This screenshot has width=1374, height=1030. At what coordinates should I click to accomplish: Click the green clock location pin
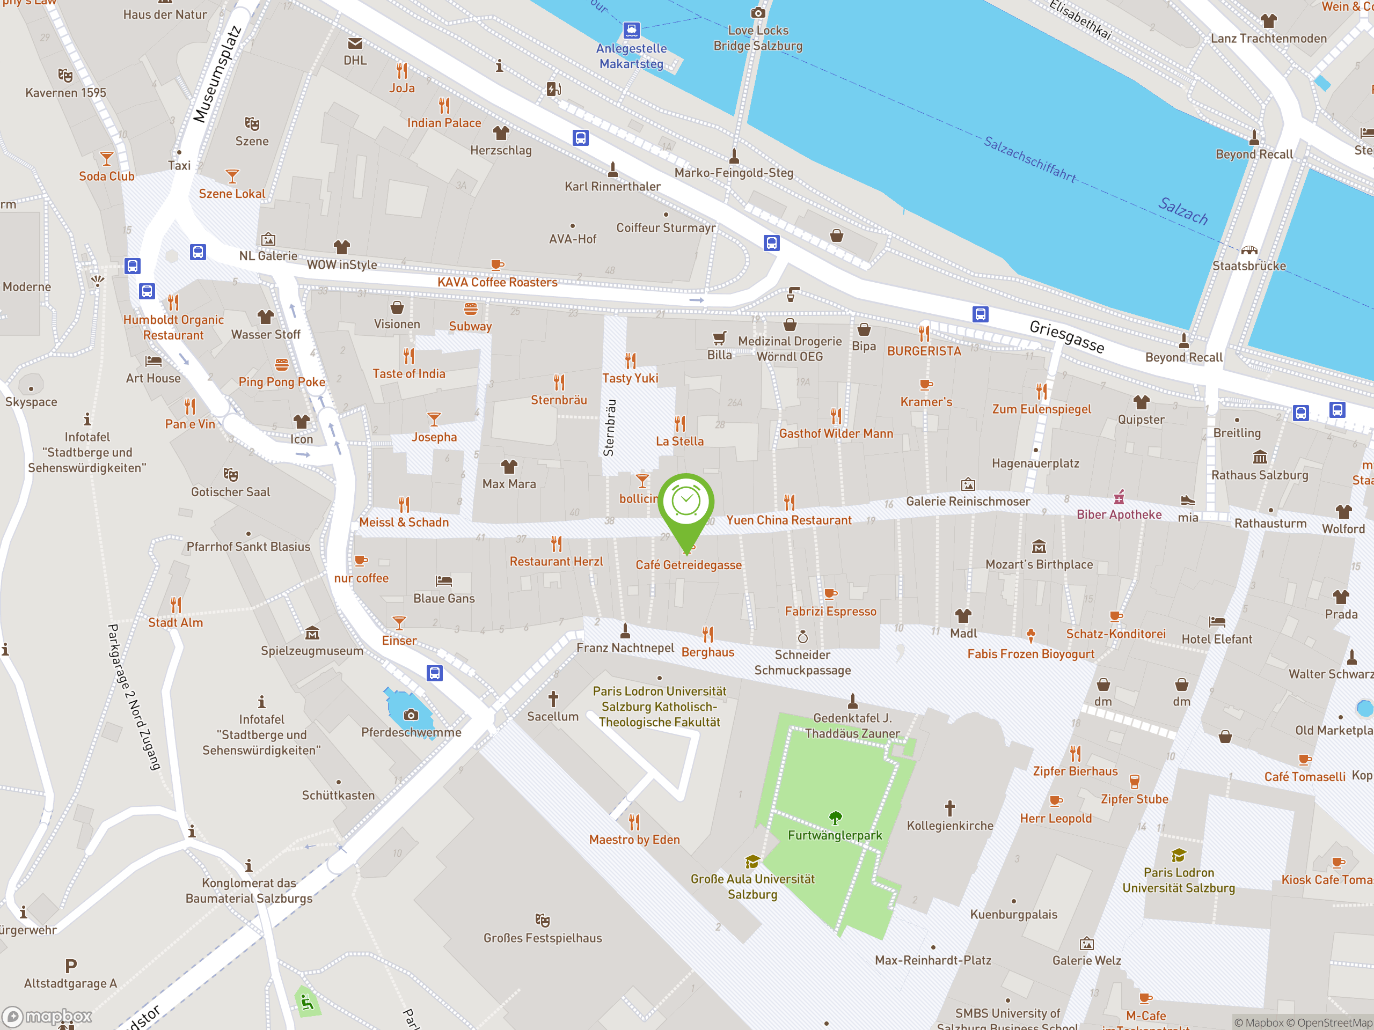686,503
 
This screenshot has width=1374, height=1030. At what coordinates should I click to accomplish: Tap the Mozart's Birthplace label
1039,564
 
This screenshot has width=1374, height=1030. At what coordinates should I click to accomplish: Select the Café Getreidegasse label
688,565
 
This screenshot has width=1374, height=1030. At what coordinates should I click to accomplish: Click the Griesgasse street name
1066,336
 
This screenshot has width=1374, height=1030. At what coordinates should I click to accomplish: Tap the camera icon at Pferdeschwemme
411,715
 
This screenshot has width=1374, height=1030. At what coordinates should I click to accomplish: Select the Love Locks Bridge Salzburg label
757,38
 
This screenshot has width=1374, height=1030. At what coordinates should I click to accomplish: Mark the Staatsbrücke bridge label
1248,266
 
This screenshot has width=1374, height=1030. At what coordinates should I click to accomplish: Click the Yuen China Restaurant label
788,520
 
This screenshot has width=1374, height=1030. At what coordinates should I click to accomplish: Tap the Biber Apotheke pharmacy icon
1119,497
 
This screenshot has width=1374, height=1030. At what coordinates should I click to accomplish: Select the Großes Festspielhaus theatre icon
542,919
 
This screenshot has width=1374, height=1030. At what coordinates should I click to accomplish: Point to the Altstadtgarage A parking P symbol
71,966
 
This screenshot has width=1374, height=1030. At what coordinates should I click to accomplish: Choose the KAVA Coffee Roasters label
497,282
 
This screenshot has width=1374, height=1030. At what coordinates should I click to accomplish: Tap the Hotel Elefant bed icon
1216,621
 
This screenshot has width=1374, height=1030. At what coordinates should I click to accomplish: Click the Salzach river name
1183,210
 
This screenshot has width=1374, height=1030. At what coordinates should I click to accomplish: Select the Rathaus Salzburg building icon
1259,458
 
